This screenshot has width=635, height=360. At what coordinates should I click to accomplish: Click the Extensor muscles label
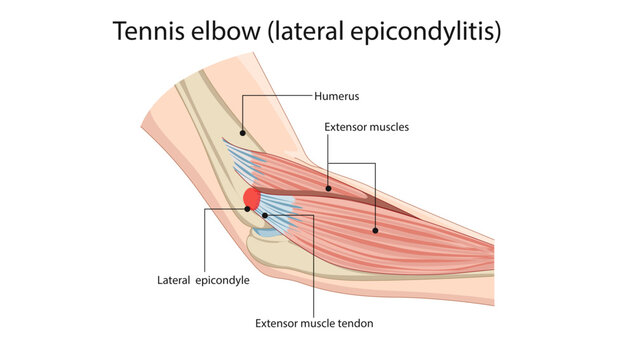(366, 127)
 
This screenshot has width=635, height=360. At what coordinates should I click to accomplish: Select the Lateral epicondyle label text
(202, 280)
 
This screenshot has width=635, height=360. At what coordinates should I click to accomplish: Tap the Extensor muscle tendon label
(315, 323)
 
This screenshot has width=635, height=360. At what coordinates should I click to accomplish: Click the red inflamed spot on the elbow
(252, 198)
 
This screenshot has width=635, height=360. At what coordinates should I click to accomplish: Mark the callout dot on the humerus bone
(241, 129)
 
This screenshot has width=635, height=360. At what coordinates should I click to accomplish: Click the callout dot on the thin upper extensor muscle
(328, 187)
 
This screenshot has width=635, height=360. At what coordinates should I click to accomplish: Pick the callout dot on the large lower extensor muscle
(376, 230)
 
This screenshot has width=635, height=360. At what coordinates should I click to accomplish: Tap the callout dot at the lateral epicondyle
(247, 209)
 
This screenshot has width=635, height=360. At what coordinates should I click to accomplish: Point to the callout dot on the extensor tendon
(264, 214)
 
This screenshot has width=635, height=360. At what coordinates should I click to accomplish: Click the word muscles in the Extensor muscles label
(389, 127)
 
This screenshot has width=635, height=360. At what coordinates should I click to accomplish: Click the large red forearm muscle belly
(420, 235)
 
